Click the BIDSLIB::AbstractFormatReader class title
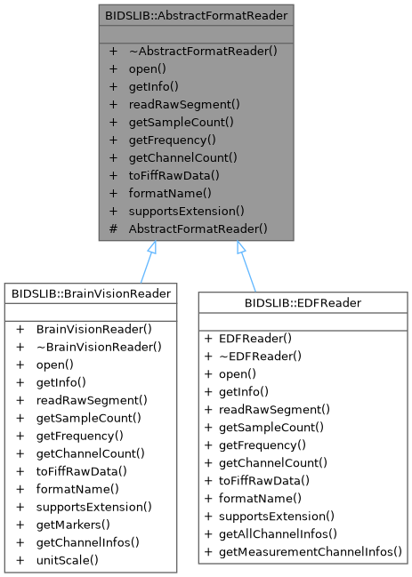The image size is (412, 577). pyautogui.click(x=197, y=15)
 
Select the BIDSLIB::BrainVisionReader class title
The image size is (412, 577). pyautogui.click(x=91, y=293)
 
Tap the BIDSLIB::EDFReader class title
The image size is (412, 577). pyautogui.click(x=303, y=303)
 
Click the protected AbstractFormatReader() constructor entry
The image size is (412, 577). pyautogui.click(x=198, y=228)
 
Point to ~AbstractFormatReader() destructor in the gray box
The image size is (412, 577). pyautogui.click(x=203, y=51)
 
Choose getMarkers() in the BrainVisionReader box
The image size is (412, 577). pyautogui.click(x=73, y=525)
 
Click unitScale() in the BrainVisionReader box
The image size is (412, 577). pyautogui.click(x=68, y=560)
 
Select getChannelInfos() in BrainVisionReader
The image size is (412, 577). pyautogui.click(x=87, y=542)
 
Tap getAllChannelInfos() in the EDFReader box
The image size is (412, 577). pyautogui.click(x=278, y=534)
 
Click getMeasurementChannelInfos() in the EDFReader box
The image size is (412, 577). pyautogui.click(x=311, y=552)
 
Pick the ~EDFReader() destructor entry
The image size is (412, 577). pyautogui.click(x=260, y=357)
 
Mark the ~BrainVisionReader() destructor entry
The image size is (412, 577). pyautogui.click(x=99, y=347)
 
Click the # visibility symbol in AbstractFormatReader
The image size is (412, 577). pyautogui.click(x=113, y=228)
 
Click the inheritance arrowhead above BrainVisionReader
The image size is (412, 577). pyautogui.click(x=152, y=247)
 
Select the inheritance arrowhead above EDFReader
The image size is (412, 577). pyautogui.click(x=240, y=247)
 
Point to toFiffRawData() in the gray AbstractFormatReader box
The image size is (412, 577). pyautogui.click(x=174, y=175)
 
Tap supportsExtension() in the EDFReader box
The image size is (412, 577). pyautogui.click(x=277, y=517)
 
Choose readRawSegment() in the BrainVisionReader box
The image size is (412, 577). pyautogui.click(x=92, y=400)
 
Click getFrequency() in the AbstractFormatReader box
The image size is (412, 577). pyautogui.click(x=173, y=140)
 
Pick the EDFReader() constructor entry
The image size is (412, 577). pyautogui.click(x=255, y=339)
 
